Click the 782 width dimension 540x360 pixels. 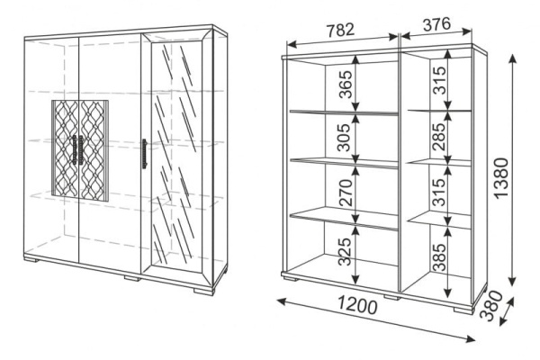340,30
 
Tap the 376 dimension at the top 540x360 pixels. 436,24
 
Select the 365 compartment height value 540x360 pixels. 346,85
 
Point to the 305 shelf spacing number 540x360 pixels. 344,138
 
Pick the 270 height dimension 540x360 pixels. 346,193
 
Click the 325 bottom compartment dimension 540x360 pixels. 345,252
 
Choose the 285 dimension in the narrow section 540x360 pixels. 438,137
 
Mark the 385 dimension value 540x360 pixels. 439,257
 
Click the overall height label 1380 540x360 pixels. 501,177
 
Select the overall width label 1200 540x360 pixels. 357,305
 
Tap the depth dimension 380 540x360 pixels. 490,306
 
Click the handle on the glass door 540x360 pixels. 145,154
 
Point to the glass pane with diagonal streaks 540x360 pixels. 176,154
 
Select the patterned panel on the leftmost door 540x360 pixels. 66,149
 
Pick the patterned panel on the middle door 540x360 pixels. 94,150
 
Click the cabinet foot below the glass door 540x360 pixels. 204,292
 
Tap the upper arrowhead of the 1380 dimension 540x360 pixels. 513,58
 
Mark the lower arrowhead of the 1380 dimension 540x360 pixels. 513,282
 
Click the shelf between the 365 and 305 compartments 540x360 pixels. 344,112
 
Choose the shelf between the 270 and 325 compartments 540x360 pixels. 344,219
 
